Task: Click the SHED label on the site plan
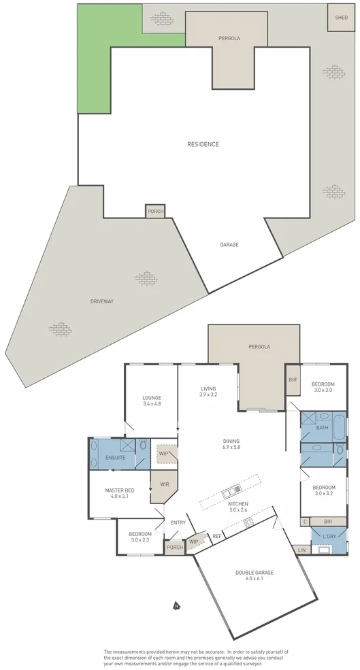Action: pos(338,18)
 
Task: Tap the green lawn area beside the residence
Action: pos(94,61)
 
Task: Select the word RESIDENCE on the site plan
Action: pos(203,144)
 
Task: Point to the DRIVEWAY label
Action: pos(103,301)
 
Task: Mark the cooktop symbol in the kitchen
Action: pos(248,522)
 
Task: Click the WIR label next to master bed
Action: pos(164,484)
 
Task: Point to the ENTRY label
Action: pos(178,522)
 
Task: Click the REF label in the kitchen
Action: pos(217,536)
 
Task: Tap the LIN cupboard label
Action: pos(302,550)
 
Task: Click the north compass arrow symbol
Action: pos(176,605)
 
